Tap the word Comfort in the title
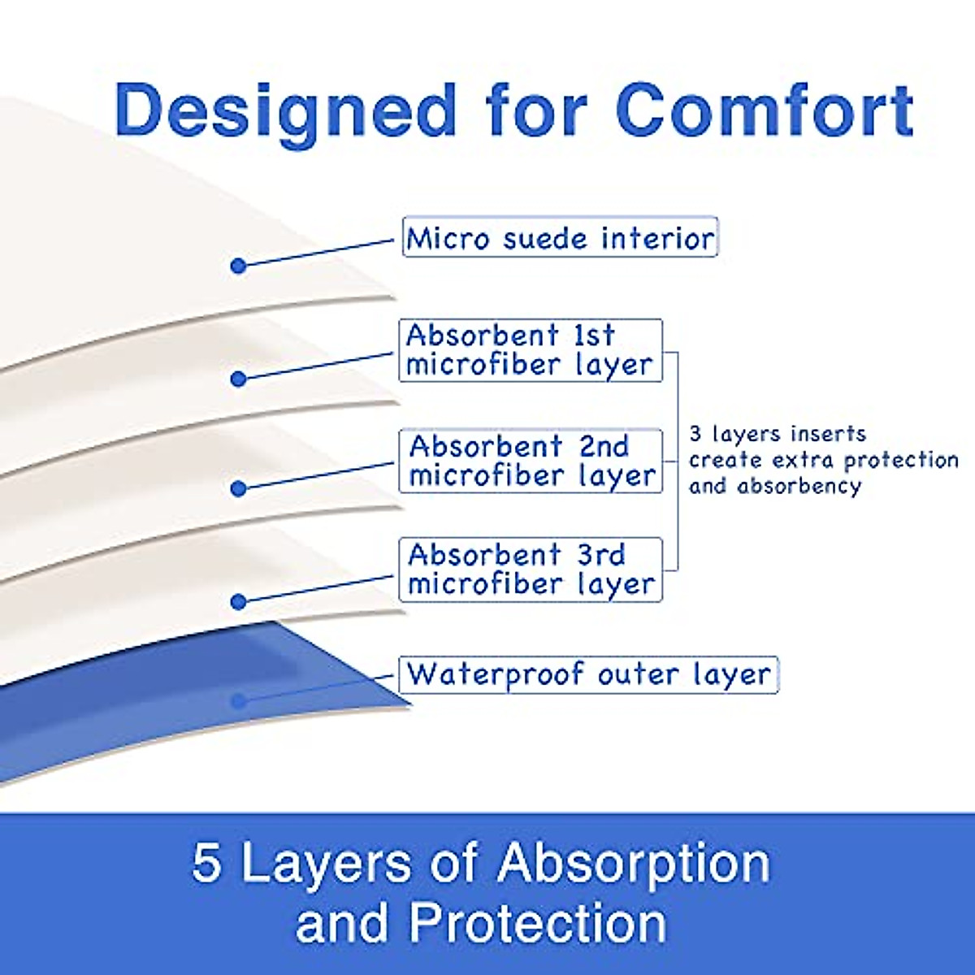(x=764, y=112)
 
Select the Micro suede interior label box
(x=560, y=236)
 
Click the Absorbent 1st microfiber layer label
(x=531, y=350)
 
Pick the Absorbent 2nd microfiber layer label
(x=531, y=461)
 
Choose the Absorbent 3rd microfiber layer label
(x=531, y=570)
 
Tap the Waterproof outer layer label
(x=588, y=675)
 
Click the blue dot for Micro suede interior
(x=238, y=266)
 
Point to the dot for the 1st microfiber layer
(x=238, y=379)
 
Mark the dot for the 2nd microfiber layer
(x=238, y=489)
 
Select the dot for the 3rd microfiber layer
(x=238, y=601)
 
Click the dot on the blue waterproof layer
(x=238, y=701)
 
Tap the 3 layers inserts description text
(x=824, y=461)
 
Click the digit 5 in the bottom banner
(x=207, y=862)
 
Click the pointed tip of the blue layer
(x=411, y=704)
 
